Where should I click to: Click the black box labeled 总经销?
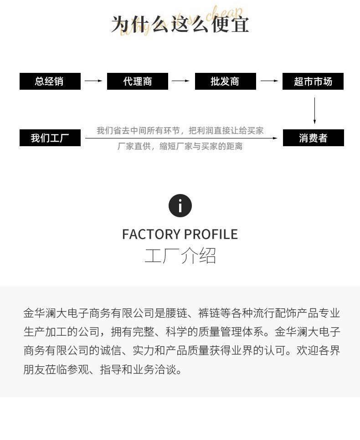coord(50,82)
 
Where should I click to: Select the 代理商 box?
coord(138,82)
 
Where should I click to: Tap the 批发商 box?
coord(225,82)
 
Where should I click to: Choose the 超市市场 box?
coord(313,82)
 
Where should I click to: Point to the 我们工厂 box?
coord(50,138)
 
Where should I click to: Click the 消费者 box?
coord(313,138)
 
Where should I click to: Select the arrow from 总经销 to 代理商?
coord(94,81)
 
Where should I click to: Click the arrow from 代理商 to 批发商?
coord(181,81)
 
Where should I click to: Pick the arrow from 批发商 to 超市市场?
coord(269,81)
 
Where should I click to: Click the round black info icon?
coord(180,206)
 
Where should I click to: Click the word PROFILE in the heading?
coord(211,235)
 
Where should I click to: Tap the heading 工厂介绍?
coord(180,256)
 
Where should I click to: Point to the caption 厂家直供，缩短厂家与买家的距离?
coord(180,146)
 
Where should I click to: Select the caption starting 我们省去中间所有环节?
coord(180,131)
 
